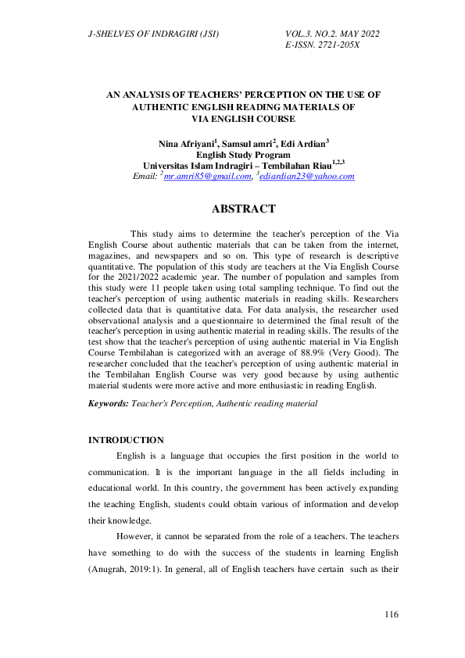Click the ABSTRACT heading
point(243,209)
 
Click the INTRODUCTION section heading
point(126,440)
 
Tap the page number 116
point(392,615)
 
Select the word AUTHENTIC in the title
point(167,106)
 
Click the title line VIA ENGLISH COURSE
point(243,119)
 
